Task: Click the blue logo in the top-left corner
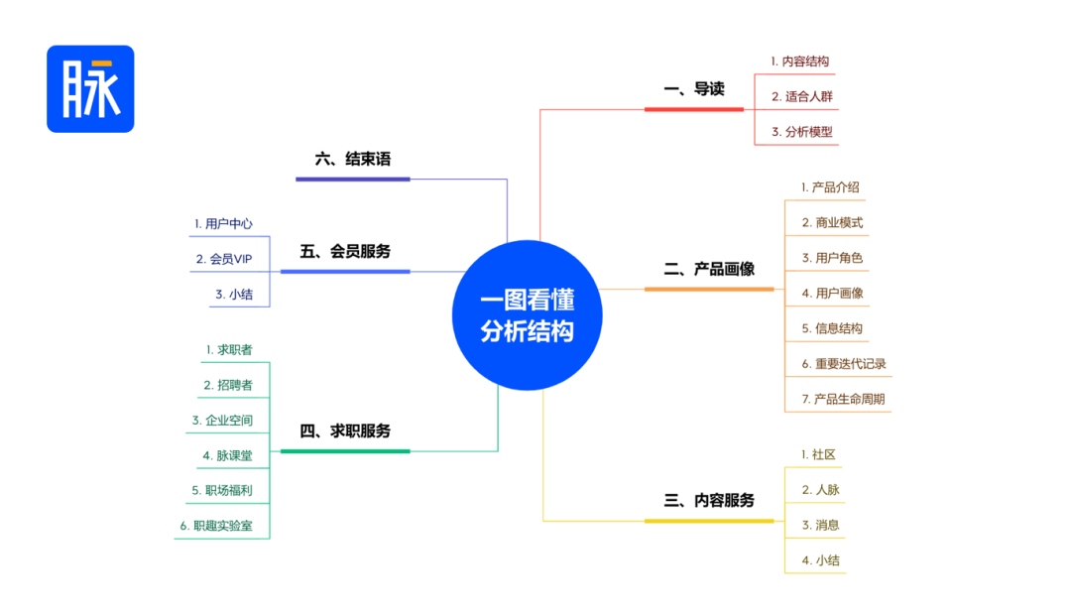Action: (x=90, y=89)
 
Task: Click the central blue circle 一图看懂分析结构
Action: (x=528, y=315)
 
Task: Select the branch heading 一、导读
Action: (x=694, y=89)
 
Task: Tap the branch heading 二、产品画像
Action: (x=709, y=269)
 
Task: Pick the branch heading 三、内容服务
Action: (x=709, y=501)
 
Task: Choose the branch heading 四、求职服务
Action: (x=345, y=431)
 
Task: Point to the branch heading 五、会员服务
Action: (x=345, y=252)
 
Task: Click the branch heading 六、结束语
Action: (x=352, y=160)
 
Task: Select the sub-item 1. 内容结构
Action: (x=800, y=61)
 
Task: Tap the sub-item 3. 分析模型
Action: (x=802, y=132)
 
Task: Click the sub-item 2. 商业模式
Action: (x=832, y=223)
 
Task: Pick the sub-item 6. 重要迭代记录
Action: (x=844, y=363)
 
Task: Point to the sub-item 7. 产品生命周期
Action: (x=843, y=399)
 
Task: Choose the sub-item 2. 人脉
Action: (x=820, y=490)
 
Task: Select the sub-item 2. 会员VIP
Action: (x=224, y=259)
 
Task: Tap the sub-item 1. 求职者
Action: (x=229, y=350)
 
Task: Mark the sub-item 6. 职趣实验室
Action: (x=216, y=526)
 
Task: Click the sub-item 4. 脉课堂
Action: (x=227, y=455)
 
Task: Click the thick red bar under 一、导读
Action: (x=694, y=109)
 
